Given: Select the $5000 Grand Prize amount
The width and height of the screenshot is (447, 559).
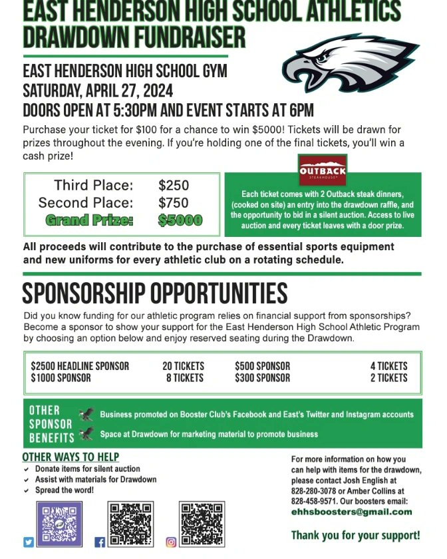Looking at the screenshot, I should pyautogui.click(x=180, y=220).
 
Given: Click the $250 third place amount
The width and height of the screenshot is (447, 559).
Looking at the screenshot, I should pyautogui.click(x=174, y=186).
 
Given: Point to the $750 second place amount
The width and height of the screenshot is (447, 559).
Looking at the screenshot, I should pyautogui.click(x=174, y=203).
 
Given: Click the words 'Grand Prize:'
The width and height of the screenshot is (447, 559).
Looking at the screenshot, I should pyautogui.click(x=89, y=220).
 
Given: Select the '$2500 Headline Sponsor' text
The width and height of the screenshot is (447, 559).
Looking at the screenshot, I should pyautogui.click(x=80, y=366).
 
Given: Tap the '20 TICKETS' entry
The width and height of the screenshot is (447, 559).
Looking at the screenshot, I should pyautogui.click(x=183, y=366).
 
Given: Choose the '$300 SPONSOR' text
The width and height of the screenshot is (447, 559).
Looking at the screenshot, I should pyautogui.click(x=262, y=378).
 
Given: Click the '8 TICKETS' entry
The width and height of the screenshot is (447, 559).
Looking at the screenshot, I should pyautogui.click(x=184, y=378).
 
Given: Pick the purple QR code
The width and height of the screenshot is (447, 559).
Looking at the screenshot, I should pyautogui.click(x=60, y=524).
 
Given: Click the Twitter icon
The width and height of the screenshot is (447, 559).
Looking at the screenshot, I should pyautogui.click(x=29, y=542).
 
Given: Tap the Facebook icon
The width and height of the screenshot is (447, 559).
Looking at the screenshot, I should pyautogui.click(x=100, y=542).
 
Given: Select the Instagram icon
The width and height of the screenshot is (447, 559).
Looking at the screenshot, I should pyautogui.click(x=171, y=542).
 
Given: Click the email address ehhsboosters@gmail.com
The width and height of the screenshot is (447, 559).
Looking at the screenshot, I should pyautogui.click(x=351, y=512).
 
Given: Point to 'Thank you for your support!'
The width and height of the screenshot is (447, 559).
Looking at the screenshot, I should pyautogui.click(x=355, y=535).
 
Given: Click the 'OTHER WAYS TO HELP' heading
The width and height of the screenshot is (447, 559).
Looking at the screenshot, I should pyautogui.click(x=71, y=457).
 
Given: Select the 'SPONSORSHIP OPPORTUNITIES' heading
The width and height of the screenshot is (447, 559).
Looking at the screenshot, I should pyautogui.click(x=155, y=293).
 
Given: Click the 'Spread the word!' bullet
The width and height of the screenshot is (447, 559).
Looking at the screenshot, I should pyautogui.click(x=64, y=490).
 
